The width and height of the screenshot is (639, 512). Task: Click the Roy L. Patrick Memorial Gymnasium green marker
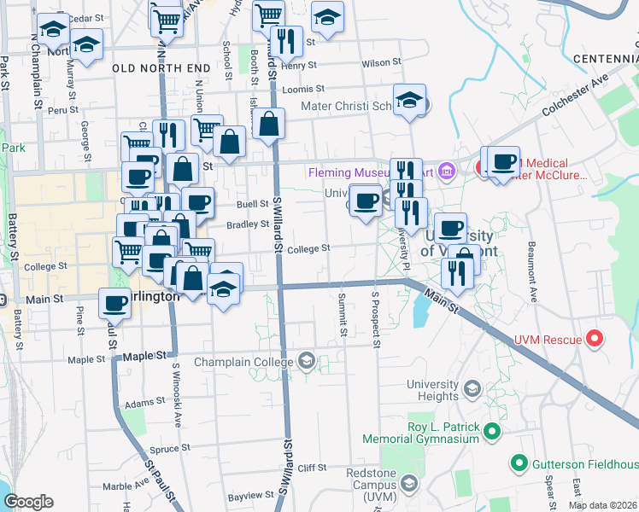click(x=491, y=432)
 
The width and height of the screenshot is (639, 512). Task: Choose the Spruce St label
click(x=163, y=448)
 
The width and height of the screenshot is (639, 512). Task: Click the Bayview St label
click(x=249, y=496)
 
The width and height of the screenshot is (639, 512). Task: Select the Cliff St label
click(x=312, y=468)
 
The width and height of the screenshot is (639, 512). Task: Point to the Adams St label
click(x=144, y=402)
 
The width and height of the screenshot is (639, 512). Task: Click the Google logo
click(x=28, y=502)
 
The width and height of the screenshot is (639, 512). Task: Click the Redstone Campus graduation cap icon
click(x=409, y=485)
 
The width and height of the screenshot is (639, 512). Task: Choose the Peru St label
click(x=63, y=109)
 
